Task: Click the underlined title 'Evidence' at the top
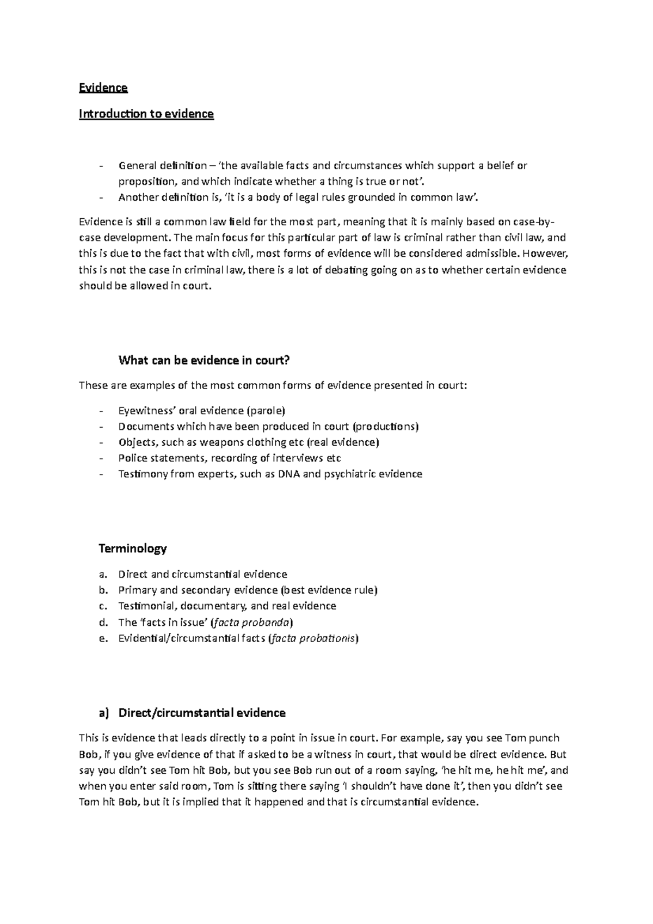tap(103, 88)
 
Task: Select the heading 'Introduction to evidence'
tap(146, 114)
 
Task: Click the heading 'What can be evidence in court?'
tap(204, 360)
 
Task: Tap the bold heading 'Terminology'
tap(132, 548)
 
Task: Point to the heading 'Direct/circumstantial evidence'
tap(201, 713)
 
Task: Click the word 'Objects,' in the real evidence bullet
tap(138, 442)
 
